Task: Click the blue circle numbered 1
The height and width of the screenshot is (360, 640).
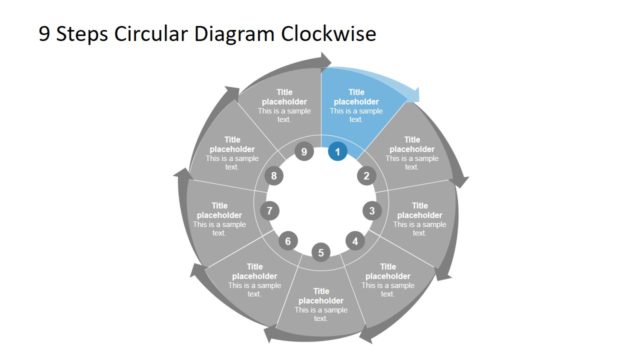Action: tap(338, 152)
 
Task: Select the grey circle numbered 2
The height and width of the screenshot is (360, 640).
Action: tap(366, 176)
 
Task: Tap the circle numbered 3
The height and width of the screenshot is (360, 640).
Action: tap(372, 211)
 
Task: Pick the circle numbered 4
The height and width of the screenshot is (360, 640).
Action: tap(354, 241)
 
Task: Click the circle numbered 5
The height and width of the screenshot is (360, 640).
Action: tap(321, 252)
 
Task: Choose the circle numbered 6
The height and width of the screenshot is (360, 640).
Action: tap(288, 241)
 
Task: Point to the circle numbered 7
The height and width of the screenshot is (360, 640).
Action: tap(270, 211)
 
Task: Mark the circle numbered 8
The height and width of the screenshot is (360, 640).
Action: tap(276, 176)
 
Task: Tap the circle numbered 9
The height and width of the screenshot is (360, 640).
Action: tap(304, 152)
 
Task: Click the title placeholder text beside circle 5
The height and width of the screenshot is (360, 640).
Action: tap(321, 296)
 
